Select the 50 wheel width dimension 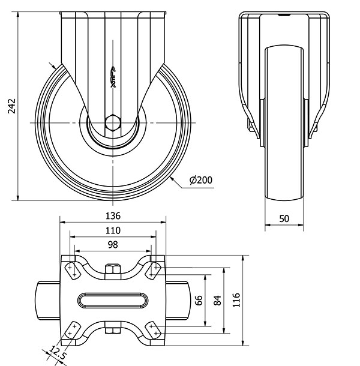(284, 218)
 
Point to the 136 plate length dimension (113, 215)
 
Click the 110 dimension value (113, 230)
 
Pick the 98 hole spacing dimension (113, 244)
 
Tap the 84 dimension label (218, 299)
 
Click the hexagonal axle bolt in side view (113, 122)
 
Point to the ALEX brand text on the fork (113, 77)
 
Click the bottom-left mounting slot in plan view (72, 331)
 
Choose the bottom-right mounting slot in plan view (154, 331)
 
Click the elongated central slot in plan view (113, 299)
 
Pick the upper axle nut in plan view (113, 269)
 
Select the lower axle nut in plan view (113, 329)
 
